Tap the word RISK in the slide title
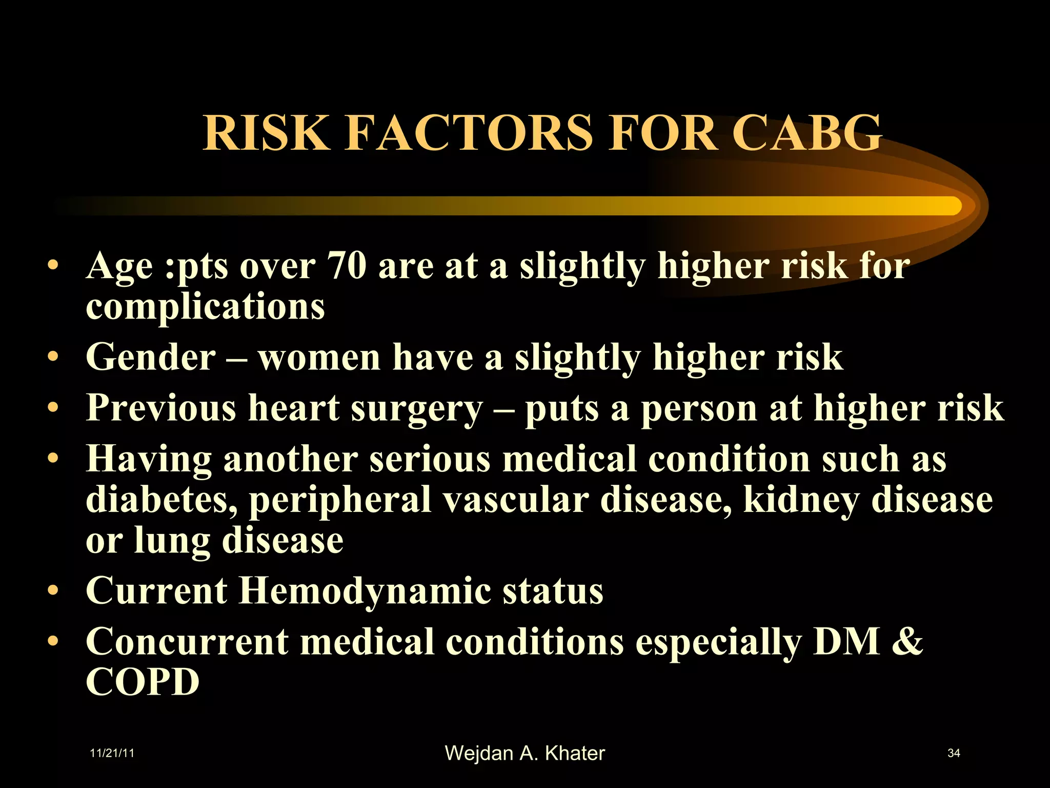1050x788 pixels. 266,133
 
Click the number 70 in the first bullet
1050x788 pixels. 347,266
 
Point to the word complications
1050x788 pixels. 205,307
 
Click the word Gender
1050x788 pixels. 151,357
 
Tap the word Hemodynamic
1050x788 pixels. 365,591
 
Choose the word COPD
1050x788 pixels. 143,682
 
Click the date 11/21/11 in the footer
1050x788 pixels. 112,753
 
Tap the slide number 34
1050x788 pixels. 954,753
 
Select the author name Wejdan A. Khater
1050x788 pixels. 524,753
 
